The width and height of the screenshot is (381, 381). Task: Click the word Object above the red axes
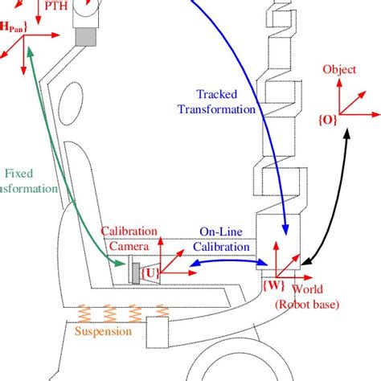pos(338,69)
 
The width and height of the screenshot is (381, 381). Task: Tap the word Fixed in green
pos(18,173)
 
